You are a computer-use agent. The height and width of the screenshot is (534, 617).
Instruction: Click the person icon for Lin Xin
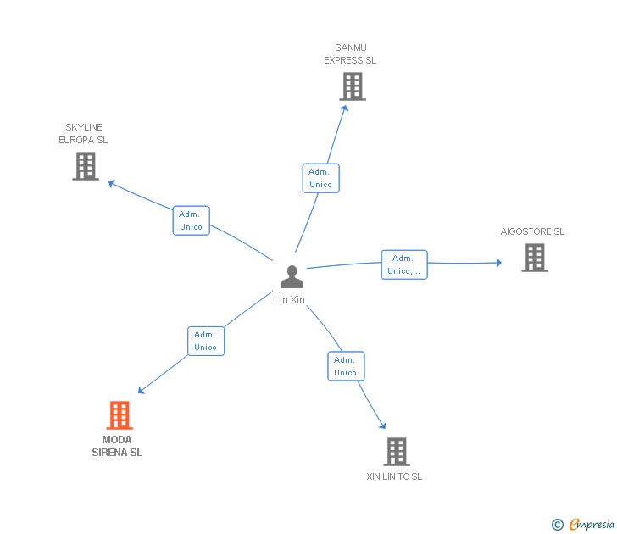pyautogui.click(x=292, y=277)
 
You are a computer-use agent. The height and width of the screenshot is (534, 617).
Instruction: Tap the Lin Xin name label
pyautogui.click(x=290, y=300)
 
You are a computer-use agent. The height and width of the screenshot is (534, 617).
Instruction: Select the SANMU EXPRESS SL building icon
pyautogui.click(x=353, y=86)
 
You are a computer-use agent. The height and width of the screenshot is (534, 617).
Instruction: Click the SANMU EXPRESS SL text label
pyautogui.click(x=350, y=54)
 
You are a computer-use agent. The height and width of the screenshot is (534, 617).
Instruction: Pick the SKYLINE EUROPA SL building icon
pyautogui.click(x=86, y=166)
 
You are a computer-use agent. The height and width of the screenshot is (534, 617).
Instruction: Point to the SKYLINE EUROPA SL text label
pyautogui.click(x=83, y=134)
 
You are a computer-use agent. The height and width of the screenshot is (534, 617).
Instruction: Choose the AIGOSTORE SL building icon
pyautogui.click(x=535, y=258)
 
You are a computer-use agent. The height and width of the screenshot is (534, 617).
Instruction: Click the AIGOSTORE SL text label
pyautogui.click(x=532, y=231)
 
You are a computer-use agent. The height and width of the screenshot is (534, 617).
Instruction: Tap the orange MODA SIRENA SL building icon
pyautogui.click(x=120, y=415)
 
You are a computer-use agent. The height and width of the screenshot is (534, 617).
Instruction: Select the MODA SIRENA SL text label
pyautogui.click(x=117, y=446)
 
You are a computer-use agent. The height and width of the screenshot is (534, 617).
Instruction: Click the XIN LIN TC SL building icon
pyautogui.click(x=396, y=452)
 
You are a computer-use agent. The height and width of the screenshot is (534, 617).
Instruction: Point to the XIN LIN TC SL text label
pyautogui.click(x=394, y=476)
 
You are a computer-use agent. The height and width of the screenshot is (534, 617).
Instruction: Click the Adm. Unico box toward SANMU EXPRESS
pyautogui.click(x=320, y=178)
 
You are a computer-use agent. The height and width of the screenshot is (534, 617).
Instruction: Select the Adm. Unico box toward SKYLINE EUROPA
pyautogui.click(x=191, y=220)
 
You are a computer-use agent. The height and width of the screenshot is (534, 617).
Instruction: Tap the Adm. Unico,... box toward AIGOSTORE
pyautogui.click(x=404, y=264)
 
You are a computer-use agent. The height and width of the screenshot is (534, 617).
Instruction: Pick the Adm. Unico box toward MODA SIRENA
pyautogui.click(x=206, y=341)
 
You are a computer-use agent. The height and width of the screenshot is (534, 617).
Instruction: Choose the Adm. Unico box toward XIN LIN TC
pyautogui.click(x=346, y=366)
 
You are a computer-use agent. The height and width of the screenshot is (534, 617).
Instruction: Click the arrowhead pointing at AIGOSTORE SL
pyautogui.click(x=497, y=263)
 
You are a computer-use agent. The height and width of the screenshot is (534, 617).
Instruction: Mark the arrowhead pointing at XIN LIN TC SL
pyautogui.click(x=383, y=426)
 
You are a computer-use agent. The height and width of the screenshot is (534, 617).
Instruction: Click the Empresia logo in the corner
pyautogui.click(x=585, y=525)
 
